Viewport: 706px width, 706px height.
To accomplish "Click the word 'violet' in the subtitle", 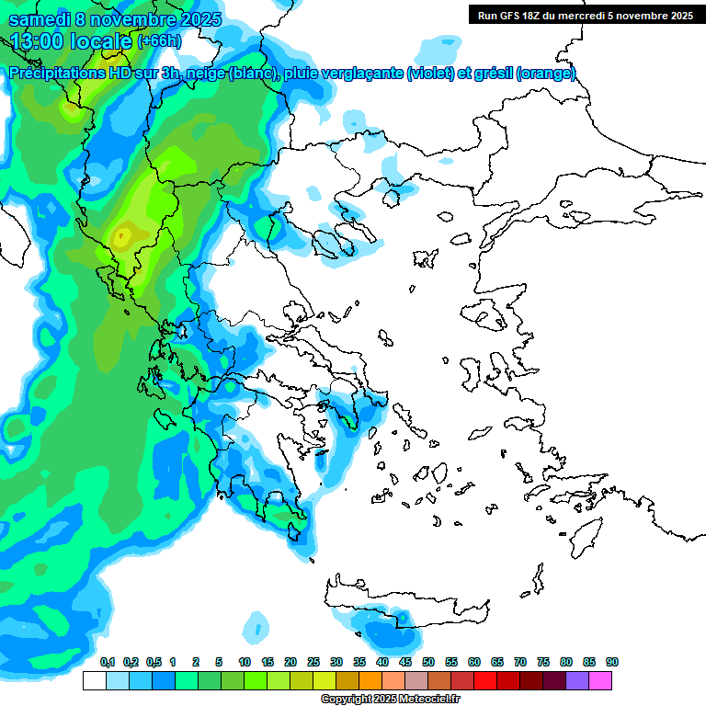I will click(x=428, y=74).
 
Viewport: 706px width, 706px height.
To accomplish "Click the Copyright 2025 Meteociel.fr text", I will click(x=391, y=699).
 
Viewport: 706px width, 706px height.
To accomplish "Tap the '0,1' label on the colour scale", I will click(x=108, y=663).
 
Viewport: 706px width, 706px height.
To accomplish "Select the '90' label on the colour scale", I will click(x=612, y=663).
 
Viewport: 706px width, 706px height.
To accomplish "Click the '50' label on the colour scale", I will click(x=428, y=663).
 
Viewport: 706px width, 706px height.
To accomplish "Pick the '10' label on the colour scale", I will click(x=245, y=663).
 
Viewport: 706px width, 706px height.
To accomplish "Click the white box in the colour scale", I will click(x=94, y=681).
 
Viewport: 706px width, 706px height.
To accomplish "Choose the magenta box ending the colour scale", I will click(x=600, y=681).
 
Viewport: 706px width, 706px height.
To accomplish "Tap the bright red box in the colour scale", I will click(x=485, y=681).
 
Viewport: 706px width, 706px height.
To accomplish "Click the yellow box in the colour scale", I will click(x=325, y=681).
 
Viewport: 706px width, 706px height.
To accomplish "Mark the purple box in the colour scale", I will click(x=577, y=681).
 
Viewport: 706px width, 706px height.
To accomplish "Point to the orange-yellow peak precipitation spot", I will click(x=121, y=237).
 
